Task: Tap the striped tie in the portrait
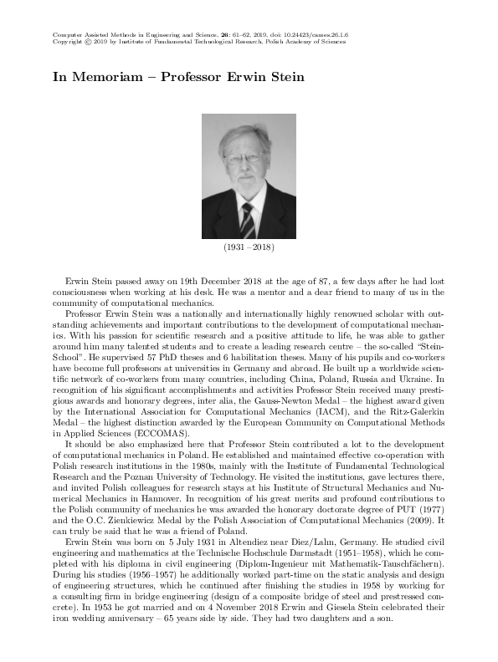pyautogui.click(x=248, y=220)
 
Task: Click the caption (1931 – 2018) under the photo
pyautogui.click(x=249, y=249)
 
